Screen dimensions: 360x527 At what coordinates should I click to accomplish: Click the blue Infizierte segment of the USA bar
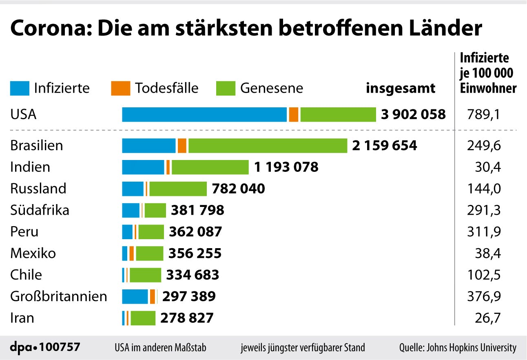204,115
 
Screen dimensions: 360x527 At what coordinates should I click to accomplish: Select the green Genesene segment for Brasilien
267,146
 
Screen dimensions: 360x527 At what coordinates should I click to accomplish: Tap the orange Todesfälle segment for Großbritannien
153,296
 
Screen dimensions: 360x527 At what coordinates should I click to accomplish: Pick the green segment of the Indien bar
210,167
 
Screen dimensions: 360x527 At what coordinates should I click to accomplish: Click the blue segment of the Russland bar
133,189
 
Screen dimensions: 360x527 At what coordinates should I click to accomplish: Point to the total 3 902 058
413,115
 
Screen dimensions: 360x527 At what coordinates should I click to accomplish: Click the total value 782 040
239,189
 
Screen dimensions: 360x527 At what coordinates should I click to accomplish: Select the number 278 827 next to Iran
187,318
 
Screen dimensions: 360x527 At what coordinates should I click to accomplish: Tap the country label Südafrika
40,210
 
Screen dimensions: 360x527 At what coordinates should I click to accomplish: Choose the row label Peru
24,232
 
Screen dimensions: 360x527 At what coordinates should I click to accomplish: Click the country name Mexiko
33,253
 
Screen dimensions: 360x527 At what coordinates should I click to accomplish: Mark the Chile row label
26,275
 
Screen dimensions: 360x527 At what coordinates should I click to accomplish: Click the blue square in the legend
20,89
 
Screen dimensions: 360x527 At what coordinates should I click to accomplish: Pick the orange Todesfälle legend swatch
120,89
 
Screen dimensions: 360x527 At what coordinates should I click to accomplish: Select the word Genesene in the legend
272,88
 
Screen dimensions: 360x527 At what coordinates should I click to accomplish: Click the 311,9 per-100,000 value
484,232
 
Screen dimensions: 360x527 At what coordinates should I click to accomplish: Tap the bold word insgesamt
401,88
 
